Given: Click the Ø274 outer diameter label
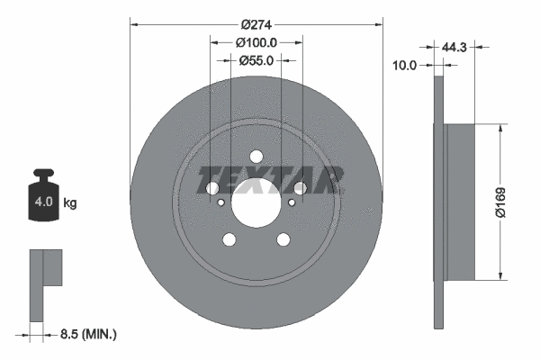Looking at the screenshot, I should (x=256, y=12).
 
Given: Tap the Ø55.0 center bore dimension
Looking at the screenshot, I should (x=256, y=61).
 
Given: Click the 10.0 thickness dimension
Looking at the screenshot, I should (x=408, y=65).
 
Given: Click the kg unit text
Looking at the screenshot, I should (x=70, y=203).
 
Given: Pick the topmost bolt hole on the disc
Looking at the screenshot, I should (x=256, y=156).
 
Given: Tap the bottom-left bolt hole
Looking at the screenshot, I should (x=229, y=239).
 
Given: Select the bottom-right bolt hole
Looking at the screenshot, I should (x=283, y=239).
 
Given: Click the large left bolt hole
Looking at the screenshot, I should (x=212, y=188).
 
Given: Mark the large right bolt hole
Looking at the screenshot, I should (x=300, y=188).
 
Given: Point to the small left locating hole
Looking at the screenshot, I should (x=221, y=202).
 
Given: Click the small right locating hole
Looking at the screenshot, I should (x=291, y=202).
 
